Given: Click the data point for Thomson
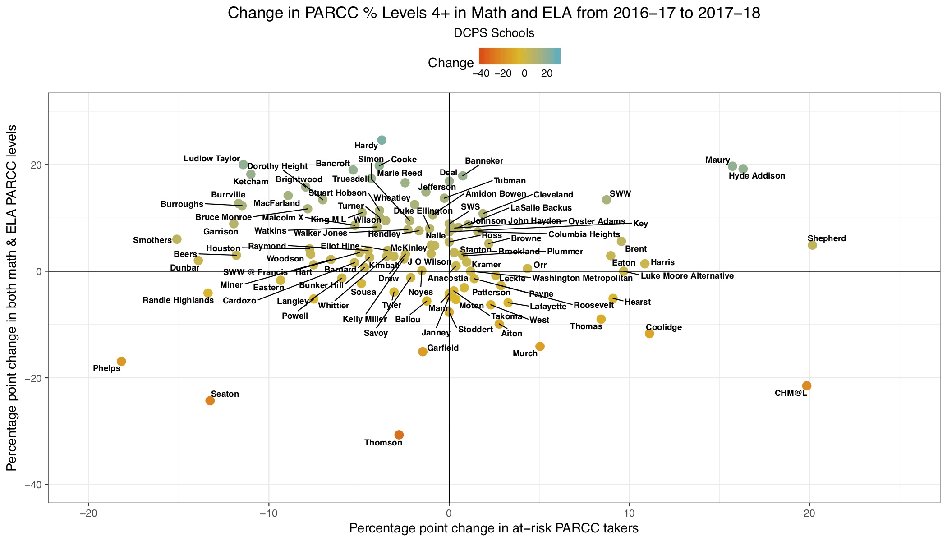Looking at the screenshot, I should (399, 435).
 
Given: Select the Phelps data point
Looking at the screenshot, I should (121, 361).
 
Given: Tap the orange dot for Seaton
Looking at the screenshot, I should (210, 401).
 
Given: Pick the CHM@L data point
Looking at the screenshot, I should (807, 385).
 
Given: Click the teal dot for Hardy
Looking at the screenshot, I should (382, 140).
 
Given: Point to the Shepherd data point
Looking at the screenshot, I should (812, 245).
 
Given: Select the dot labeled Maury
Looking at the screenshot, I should (732, 166).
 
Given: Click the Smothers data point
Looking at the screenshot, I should (177, 239).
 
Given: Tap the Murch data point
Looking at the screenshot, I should (540, 346).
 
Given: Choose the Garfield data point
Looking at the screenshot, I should (423, 352).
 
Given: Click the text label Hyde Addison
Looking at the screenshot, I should (757, 176).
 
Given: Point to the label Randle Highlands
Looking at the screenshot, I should (178, 300).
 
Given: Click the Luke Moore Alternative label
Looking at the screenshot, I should (687, 276).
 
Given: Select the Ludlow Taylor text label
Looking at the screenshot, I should (211, 159).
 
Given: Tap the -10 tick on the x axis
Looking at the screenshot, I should (269, 513).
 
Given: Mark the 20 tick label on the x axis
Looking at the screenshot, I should (809, 513).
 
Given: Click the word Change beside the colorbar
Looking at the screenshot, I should (451, 63).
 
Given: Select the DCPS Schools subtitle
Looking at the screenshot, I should (494, 33).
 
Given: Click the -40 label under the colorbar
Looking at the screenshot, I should (481, 73).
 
